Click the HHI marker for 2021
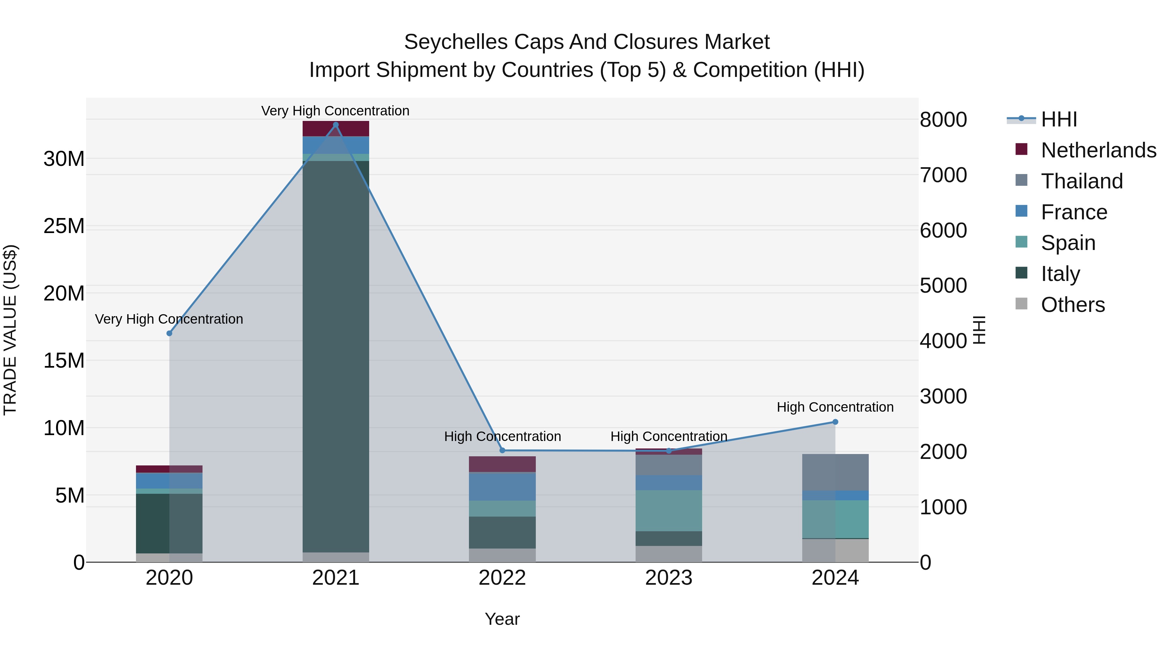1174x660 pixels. click(x=336, y=125)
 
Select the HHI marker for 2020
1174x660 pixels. click(x=170, y=333)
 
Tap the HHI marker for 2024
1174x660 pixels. click(x=835, y=422)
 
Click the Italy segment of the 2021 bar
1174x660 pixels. click(x=336, y=355)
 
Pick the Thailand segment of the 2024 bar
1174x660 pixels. click(x=835, y=472)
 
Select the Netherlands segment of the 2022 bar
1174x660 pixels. click(x=502, y=464)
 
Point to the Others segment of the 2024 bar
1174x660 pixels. click(x=835, y=550)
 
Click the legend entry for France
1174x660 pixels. click(x=1074, y=212)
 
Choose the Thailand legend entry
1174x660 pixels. click(x=1081, y=181)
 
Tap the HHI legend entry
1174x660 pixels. click(x=1059, y=119)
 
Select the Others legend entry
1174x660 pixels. click(x=1072, y=305)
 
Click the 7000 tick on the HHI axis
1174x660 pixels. click(x=943, y=175)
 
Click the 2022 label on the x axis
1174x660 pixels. click(x=502, y=578)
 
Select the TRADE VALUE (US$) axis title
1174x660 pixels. click(x=10, y=330)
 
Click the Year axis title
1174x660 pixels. click(x=502, y=619)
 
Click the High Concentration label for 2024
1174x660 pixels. click(x=835, y=407)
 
